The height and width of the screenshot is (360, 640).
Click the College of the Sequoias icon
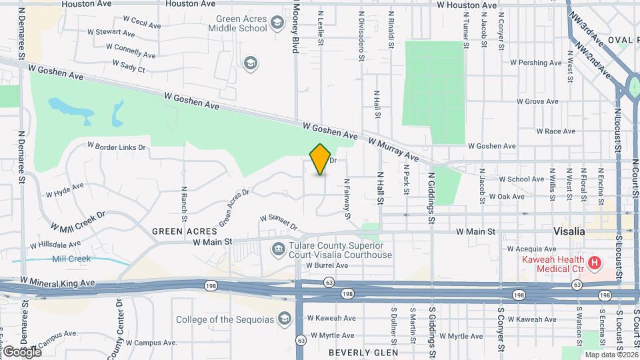pos(285,319)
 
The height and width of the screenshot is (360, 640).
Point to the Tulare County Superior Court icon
pos(278,249)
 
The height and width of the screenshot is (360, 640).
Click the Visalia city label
pos(569,231)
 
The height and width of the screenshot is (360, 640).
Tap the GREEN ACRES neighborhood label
pos(175,231)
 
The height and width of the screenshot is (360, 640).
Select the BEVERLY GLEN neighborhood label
pos(363,352)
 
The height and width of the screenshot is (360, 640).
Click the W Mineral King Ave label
pos(57,282)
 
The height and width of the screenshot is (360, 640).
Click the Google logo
pos(22,351)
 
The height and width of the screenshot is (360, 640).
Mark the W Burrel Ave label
pos(327,265)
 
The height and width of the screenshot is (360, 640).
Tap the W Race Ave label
pos(555,131)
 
